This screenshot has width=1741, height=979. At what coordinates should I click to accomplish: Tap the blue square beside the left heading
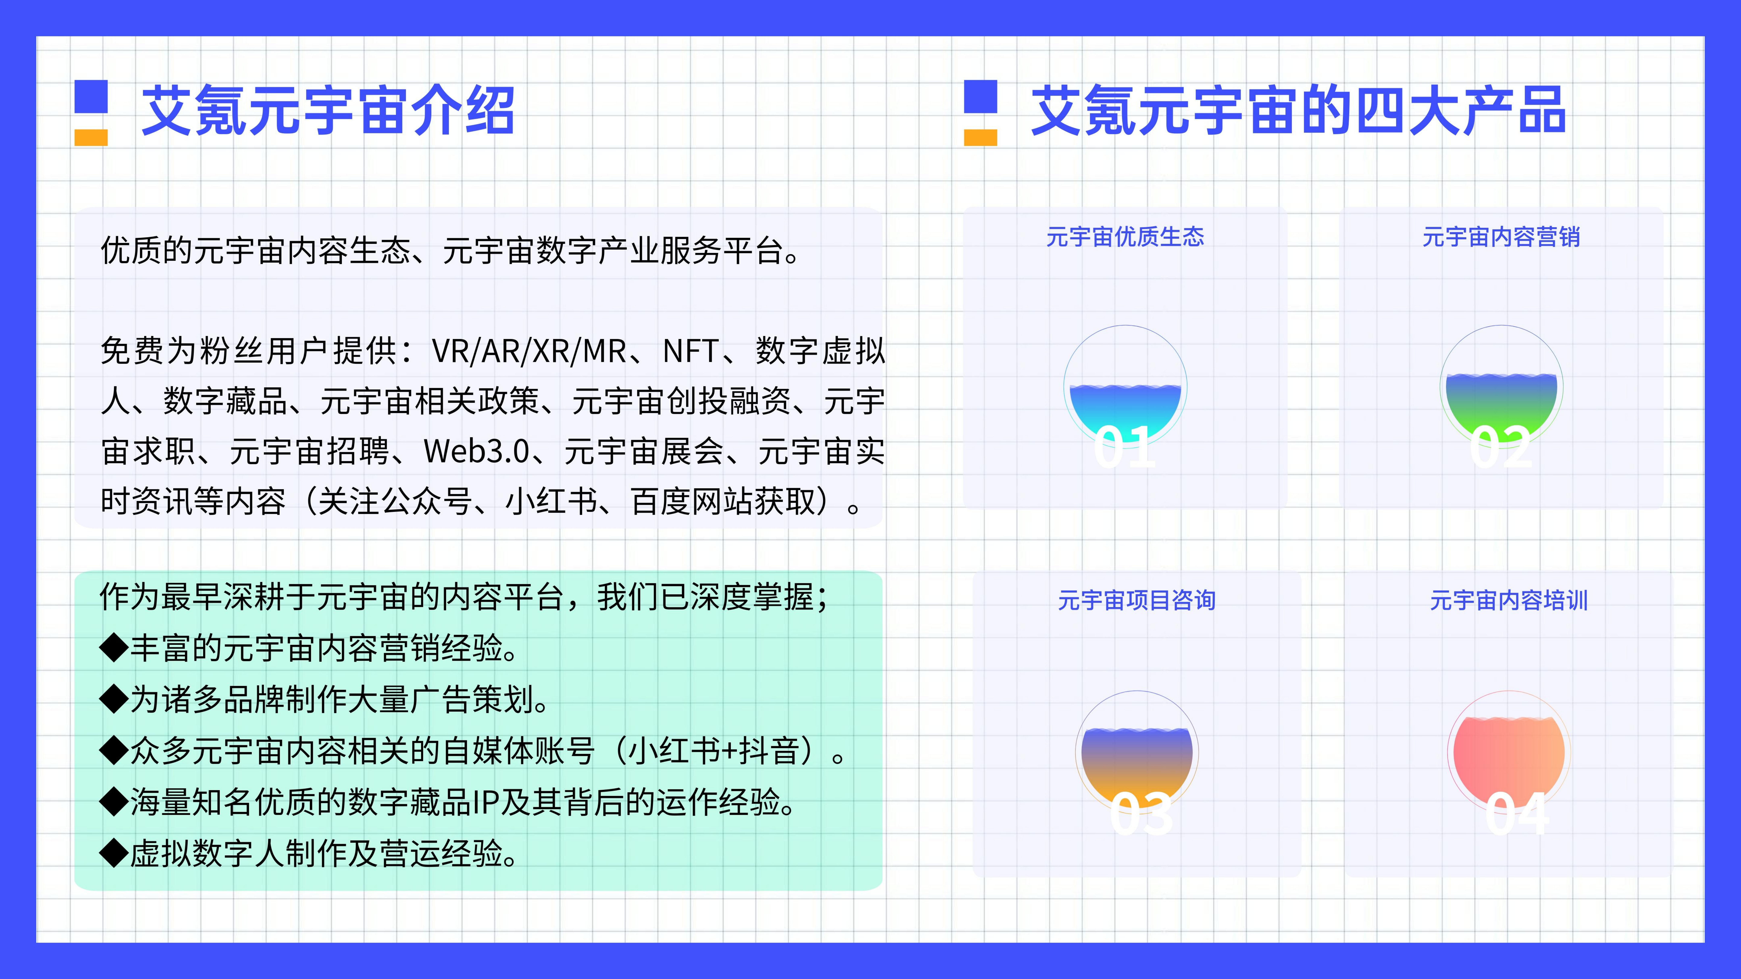tap(91, 97)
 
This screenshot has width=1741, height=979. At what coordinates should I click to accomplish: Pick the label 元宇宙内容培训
tap(1508, 600)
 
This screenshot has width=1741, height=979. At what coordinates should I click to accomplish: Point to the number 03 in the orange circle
tap(1141, 813)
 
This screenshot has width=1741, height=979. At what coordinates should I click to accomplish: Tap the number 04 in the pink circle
tap(1517, 813)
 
